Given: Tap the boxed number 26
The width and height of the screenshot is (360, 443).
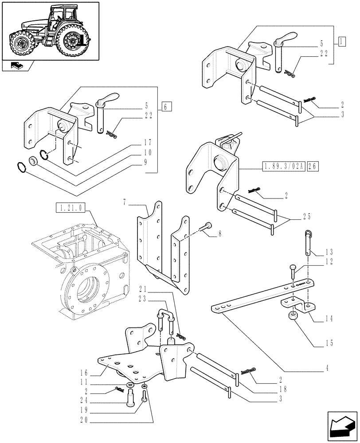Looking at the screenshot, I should coord(313,167).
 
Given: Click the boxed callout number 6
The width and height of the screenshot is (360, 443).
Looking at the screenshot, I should coord(165,107).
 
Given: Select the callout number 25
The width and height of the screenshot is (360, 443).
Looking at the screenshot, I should coord(307,217).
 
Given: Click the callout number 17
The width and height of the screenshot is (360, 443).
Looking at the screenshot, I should coord(147,143).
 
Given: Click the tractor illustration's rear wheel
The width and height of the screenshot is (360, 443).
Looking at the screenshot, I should coord(70,42).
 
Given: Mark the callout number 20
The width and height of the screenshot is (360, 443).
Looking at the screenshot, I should coord(86,419).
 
